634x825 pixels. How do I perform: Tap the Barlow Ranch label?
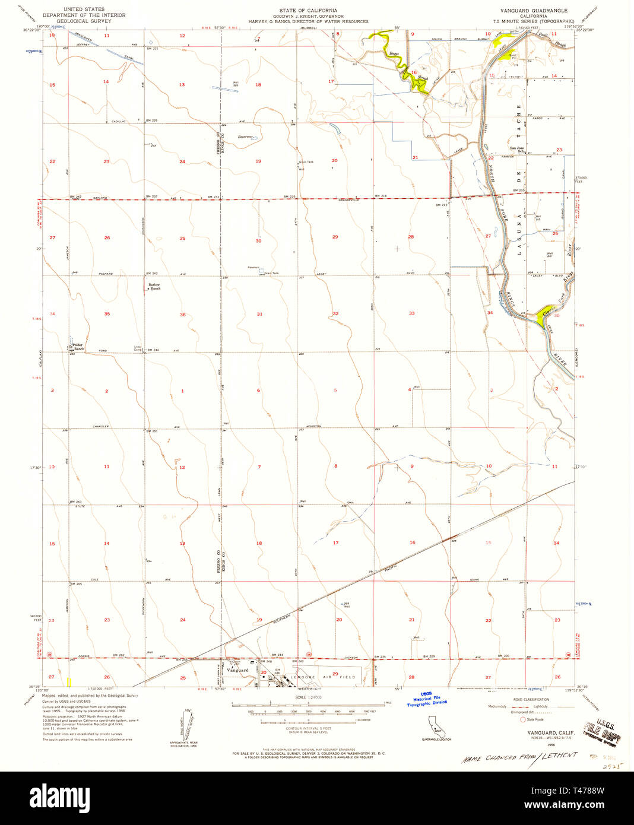click(x=154, y=287)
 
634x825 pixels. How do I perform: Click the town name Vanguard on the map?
click(x=237, y=670)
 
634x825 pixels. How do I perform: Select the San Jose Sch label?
click(x=516, y=149)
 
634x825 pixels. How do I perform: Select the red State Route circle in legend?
click(x=522, y=719)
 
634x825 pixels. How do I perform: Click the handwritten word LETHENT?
click(x=559, y=755)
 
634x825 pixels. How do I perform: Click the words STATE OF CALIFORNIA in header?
click(x=308, y=11)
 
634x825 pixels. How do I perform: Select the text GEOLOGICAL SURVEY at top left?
click(x=84, y=21)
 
